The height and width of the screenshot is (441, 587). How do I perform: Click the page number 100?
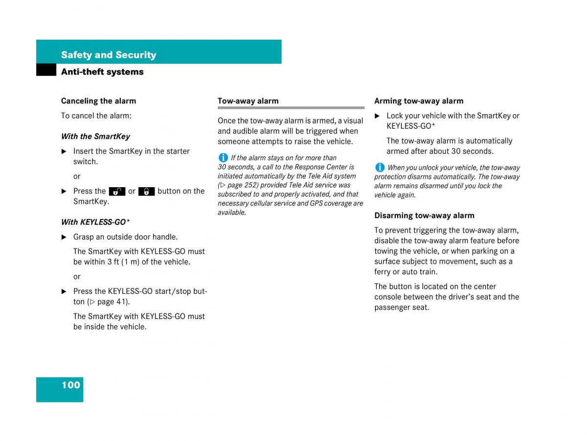coord(70,385)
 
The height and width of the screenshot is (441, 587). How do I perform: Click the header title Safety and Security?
coord(109,55)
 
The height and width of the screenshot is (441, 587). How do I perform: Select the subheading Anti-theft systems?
coord(102,72)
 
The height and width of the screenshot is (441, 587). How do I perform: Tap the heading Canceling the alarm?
coord(98,101)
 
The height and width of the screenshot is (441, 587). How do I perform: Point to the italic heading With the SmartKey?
coord(95,136)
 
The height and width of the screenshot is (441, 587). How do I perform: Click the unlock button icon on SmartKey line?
coord(117,192)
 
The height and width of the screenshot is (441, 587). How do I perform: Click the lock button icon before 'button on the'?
coord(147,192)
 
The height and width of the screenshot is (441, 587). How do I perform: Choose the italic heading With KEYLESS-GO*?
coord(95,222)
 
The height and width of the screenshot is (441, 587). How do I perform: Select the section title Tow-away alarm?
coord(248,101)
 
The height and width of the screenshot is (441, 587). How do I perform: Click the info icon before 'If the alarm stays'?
coord(223,158)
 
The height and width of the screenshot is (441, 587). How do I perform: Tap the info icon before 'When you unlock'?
coord(380,168)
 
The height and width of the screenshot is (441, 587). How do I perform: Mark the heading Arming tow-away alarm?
coord(419,101)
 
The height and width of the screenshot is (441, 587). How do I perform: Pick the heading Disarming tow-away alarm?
coord(424,216)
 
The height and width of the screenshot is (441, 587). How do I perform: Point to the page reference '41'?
coord(121,302)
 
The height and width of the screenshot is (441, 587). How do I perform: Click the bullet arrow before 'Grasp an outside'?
coord(64,237)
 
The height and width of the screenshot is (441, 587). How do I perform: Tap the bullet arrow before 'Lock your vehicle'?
coord(377,116)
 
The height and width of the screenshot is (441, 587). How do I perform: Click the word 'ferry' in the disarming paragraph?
coord(383,272)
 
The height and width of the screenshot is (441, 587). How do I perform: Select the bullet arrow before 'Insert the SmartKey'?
coord(64,151)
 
